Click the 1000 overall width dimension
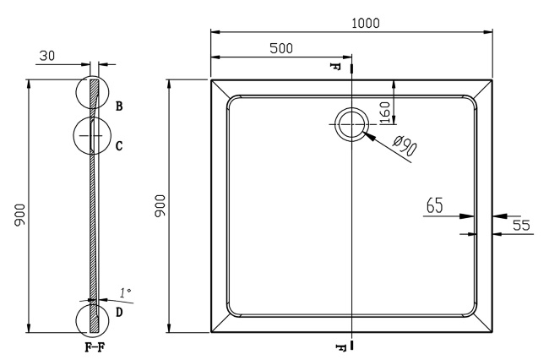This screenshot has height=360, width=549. (x=365, y=23)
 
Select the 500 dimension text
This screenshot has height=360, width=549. (x=281, y=48)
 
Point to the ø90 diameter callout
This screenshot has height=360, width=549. (x=405, y=149)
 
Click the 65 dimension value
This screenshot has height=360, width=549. (x=435, y=205)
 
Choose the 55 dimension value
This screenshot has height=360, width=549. (x=520, y=225)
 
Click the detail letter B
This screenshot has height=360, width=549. (x=119, y=106)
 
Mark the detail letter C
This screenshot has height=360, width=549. (x=119, y=145)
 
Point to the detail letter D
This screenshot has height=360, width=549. (x=119, y=312)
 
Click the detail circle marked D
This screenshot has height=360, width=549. (x=92, y=319)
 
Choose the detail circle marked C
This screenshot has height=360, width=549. (x=91, y=136)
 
